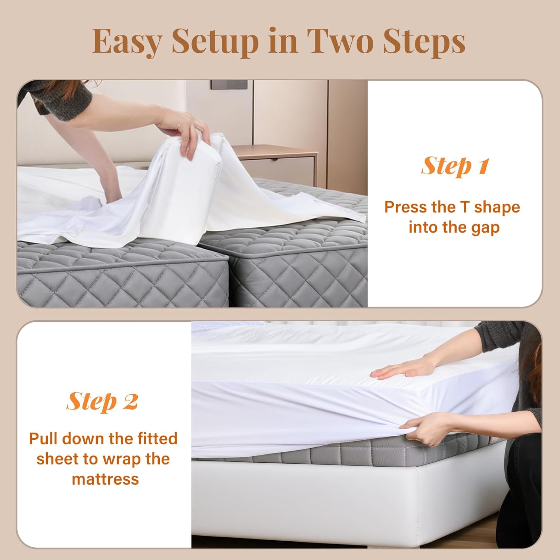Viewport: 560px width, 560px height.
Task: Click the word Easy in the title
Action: coord(127,41)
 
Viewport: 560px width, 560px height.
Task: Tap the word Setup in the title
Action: coord(215,42)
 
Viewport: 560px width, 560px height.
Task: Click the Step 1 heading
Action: coord(454,166)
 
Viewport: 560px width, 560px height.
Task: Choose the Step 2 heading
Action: coord(102,402)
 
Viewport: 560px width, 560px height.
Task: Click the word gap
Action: coord(485,228)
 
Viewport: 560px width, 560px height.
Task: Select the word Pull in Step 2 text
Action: coord(44,438)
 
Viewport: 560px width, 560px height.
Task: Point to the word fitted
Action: coord(157,438)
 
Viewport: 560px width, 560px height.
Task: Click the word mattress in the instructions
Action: coord(105,479)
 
